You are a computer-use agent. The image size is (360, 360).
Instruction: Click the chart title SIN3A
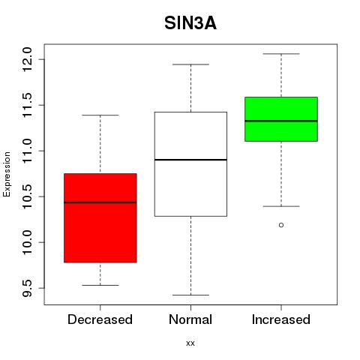190,23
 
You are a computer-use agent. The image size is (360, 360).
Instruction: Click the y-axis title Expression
7,174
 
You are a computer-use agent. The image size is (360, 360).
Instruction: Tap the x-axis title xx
190,343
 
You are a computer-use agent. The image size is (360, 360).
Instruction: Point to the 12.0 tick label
27,59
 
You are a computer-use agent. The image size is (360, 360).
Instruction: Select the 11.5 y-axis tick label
27,105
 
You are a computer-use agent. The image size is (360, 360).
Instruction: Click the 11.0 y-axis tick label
27,151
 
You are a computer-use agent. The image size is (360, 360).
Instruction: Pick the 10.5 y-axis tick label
27,196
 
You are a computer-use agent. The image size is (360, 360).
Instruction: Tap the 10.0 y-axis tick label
27,242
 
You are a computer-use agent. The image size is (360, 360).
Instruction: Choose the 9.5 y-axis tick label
27,288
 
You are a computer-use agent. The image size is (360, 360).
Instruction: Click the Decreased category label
100,319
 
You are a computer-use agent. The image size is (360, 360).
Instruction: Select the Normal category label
190,319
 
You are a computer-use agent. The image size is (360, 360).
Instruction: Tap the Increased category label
281,319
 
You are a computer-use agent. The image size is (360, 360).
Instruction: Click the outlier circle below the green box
281,225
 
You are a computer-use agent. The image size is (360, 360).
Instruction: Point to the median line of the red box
100,202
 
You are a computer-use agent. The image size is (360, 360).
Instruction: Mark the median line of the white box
190,160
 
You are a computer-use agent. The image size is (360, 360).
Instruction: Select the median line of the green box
281,121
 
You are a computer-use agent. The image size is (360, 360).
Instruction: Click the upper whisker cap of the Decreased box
100,115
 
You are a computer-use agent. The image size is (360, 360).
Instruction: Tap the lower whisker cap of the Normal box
190,295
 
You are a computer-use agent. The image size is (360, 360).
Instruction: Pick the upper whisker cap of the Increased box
281,54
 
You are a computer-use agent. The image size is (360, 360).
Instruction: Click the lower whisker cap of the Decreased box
100,285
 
